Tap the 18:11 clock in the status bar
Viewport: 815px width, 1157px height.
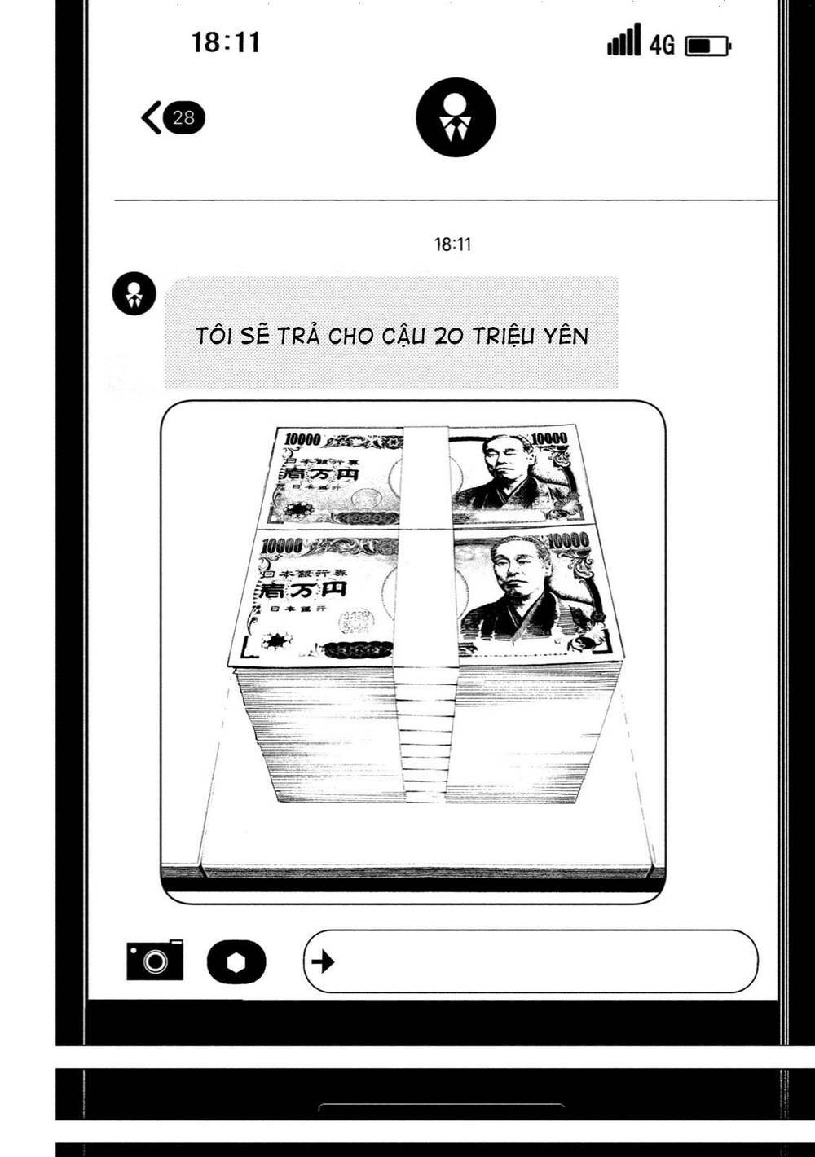(x=226, y=42)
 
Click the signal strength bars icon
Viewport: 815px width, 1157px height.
(x=624, y=40)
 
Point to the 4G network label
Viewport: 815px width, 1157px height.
(x=662, y=45)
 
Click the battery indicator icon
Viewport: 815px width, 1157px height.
(x=707, y=46)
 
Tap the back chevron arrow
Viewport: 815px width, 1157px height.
(x=151, y=117)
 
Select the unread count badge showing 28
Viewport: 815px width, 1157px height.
(x=184, y=117)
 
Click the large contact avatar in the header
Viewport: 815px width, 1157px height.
(x=456, y=117)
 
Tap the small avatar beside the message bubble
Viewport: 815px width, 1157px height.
(x=134, y=293)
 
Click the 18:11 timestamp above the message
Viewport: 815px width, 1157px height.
(x=452, y=244)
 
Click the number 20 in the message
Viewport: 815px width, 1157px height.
(x=448, y=336)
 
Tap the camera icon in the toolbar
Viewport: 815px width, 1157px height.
(x=155, y=960)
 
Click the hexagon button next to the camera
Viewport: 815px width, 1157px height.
(x=236, y=961)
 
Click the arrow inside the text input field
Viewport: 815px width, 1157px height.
(x=323, y=961)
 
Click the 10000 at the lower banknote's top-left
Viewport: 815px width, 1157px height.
(x=281, y=545)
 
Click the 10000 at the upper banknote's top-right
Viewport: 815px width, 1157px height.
(x=548, y=438)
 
